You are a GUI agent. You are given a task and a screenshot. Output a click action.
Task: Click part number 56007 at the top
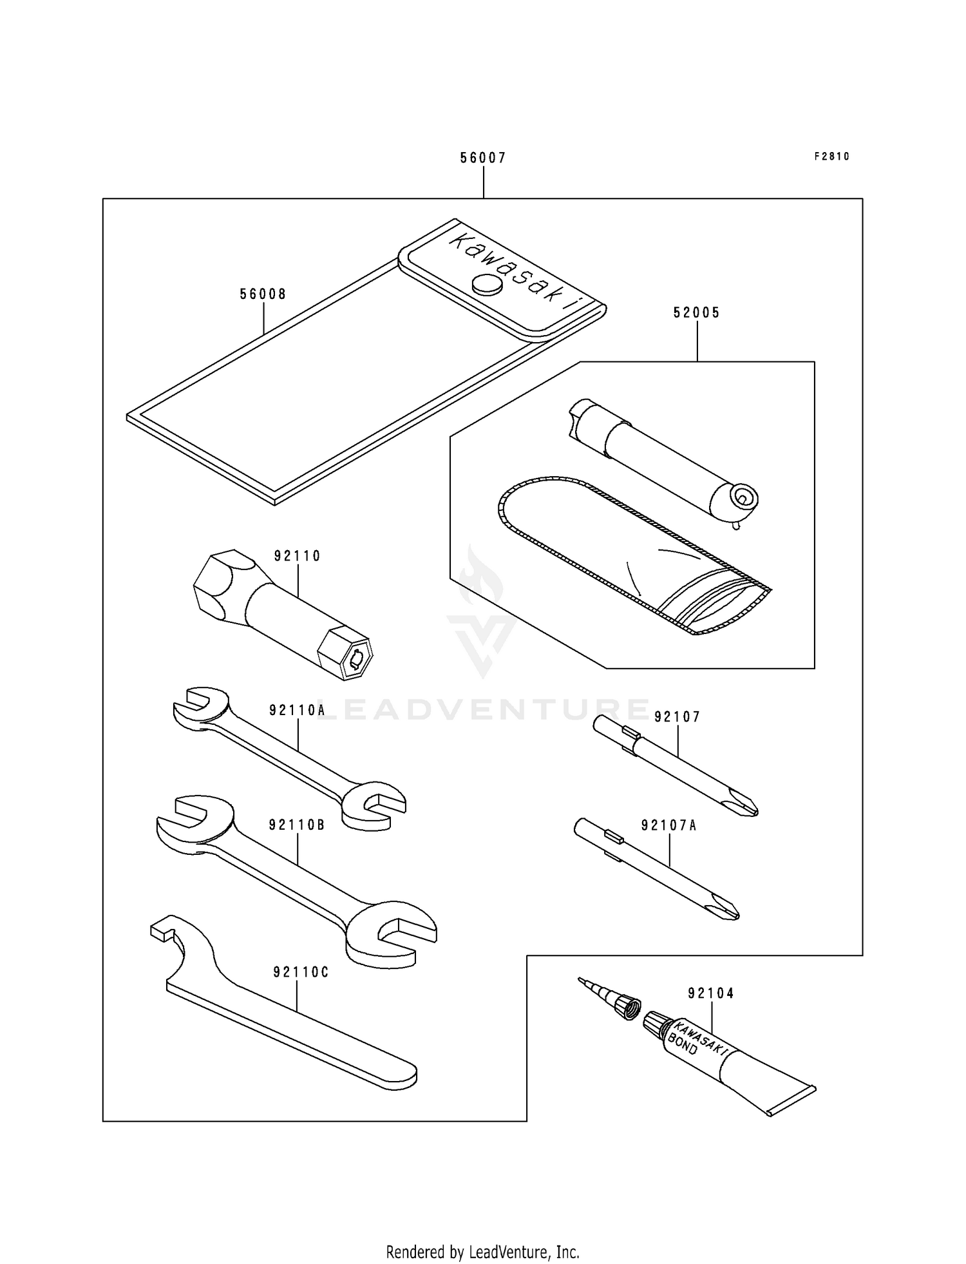(482, 158)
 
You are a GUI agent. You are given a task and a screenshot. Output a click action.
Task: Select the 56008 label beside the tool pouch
(263, 294)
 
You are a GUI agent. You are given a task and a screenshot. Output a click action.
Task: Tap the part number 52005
(697, 312)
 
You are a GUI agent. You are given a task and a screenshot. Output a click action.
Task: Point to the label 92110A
(297, 710)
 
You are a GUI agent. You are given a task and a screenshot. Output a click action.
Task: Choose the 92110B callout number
(297, 825)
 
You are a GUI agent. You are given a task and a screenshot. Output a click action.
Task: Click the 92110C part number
(301, 972)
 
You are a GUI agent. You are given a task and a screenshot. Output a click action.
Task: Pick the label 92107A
(668, 825)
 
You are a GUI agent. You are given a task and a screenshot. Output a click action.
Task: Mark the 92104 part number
(711, 993)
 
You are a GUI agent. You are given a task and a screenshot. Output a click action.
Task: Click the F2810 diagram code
(832, 157)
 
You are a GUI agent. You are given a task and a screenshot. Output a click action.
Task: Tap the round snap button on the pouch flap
(487, 284)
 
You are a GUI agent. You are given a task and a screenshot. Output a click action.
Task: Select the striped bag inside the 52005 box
(634, 554)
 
